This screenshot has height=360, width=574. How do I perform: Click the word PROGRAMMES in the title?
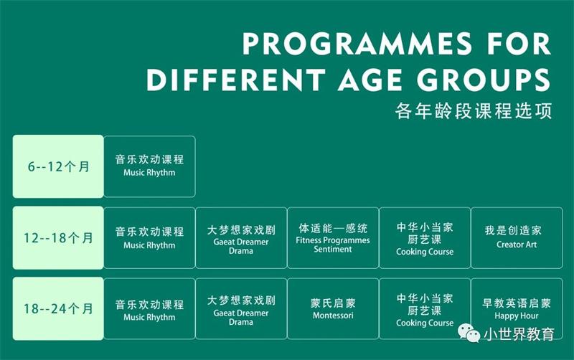pyautogui.click(x=357, y=44)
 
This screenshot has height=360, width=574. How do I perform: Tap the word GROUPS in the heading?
pyautogui.click(x=484, y=80)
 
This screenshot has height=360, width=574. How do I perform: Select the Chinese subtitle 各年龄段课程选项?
pyautogui.click(x=474, y=110)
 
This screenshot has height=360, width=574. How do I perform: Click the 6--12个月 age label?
pyautogui.click(x=58, y=166)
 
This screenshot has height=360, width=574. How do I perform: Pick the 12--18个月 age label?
pyautogui.click(x=58, y=238)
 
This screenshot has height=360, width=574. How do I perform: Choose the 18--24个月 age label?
pyautogui.click(x=58, y=309)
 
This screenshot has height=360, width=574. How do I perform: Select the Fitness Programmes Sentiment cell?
pyautogui.click(x=333, y=238)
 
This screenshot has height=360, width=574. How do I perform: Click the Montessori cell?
pyautogui.click(x=333, y=309)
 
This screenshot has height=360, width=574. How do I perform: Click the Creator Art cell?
pyautogui.click(x=517, y=238)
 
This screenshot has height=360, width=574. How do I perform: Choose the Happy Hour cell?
pyautogui.click(x=517, y=309)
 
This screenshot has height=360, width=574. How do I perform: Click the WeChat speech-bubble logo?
pyautogui.click(x=469, y=333)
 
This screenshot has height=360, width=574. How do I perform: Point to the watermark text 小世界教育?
pyautogui.click(x=519, y=333)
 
